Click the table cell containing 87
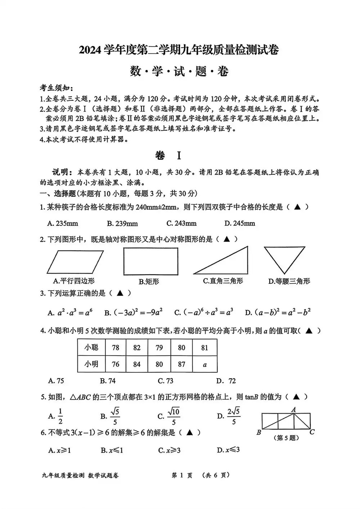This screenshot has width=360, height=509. [181, 364]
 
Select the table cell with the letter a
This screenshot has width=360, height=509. [205, 364]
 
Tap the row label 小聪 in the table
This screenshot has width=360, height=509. [91, 347]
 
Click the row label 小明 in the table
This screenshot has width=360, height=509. [91, 364]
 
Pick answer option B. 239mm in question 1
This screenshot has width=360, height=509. [122, 223]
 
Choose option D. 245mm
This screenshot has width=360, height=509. [239, 223]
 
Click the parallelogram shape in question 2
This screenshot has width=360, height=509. [75, 262]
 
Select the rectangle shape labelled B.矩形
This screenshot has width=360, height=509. [150, 262]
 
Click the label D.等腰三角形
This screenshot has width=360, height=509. [289, 281]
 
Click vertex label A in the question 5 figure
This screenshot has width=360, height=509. [294, 409]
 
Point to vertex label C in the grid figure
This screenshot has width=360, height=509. [312, 432]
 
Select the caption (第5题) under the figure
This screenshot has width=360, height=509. [287, 438]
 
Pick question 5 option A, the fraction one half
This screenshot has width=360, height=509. [56, 416]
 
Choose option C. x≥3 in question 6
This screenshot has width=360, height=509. [169, 450]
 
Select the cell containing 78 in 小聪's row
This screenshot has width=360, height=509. [116, 347]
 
